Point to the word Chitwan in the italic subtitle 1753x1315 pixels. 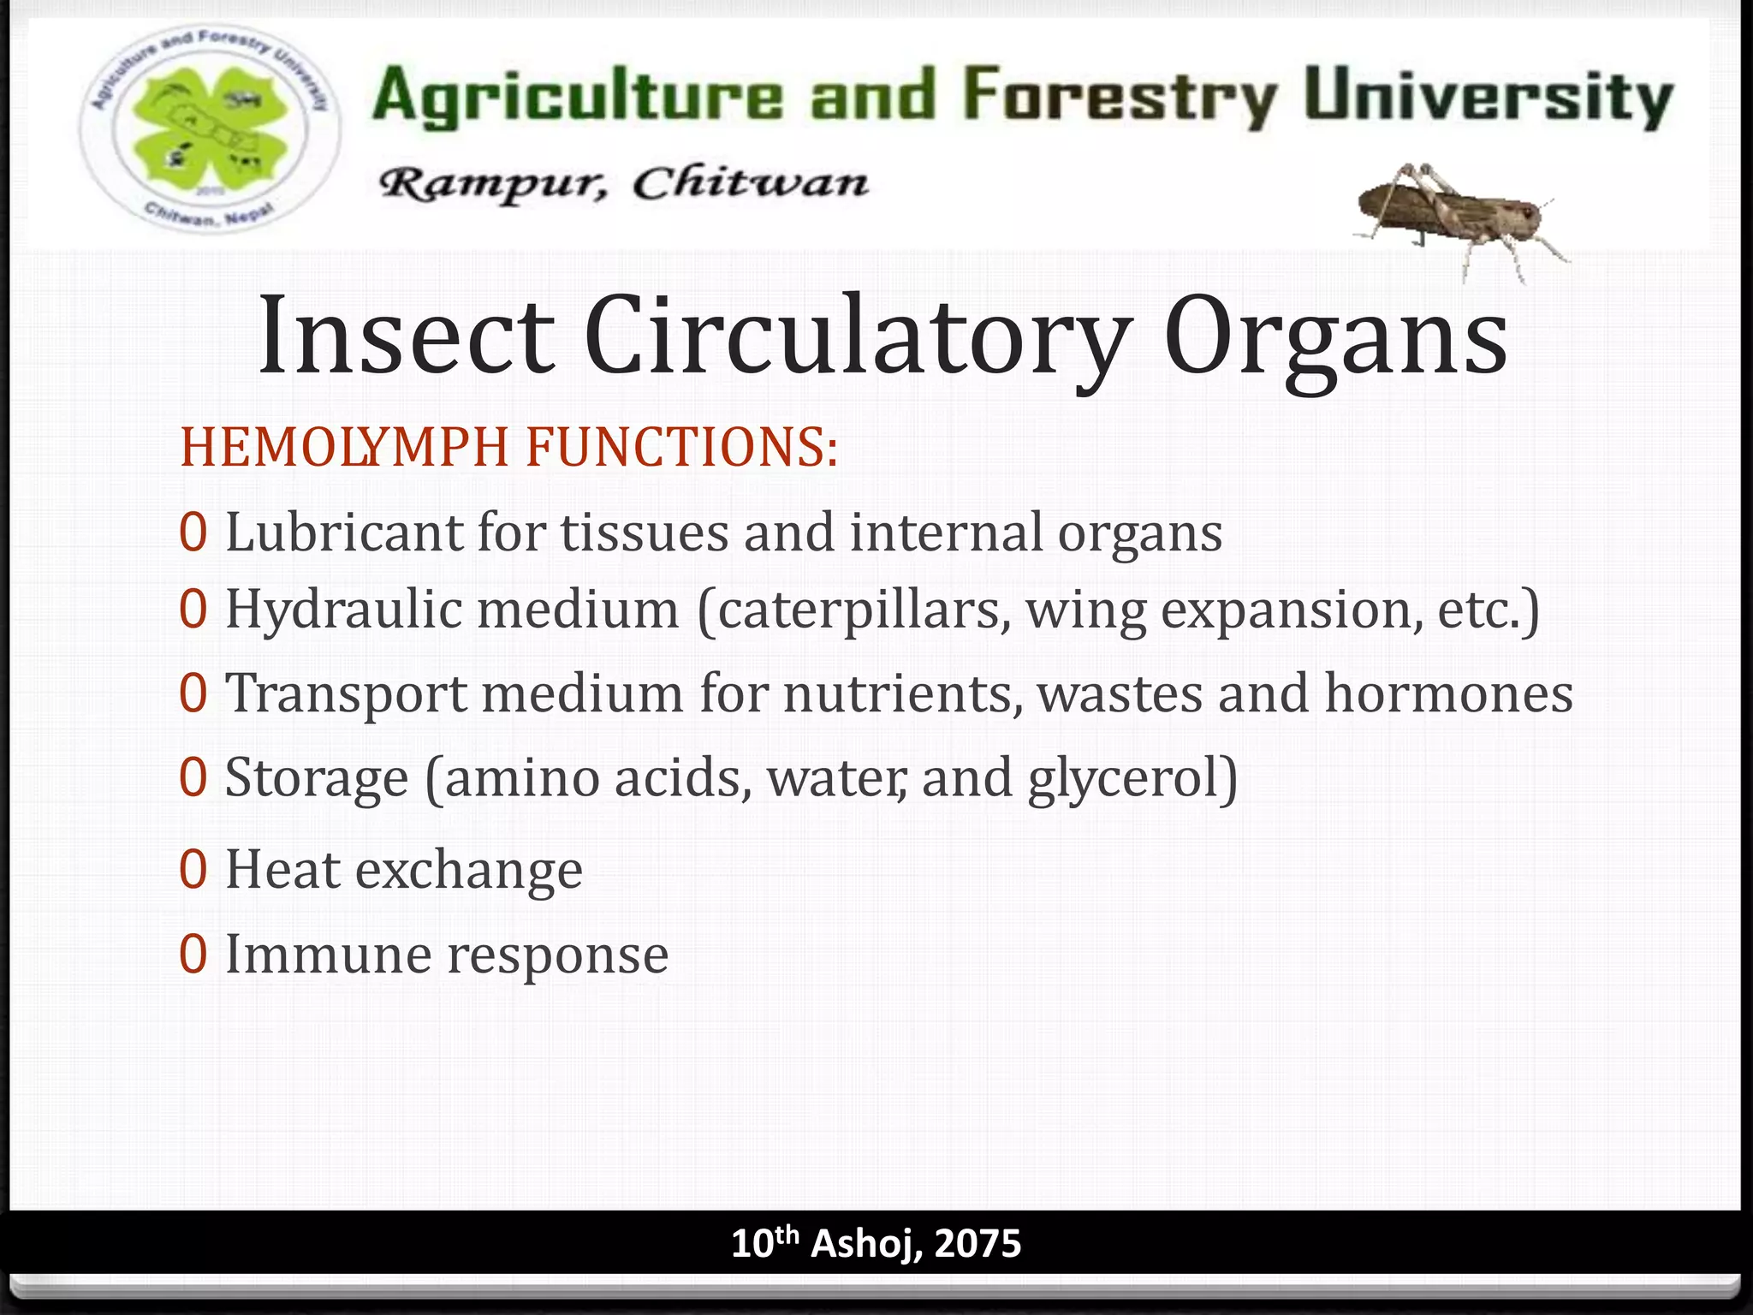coord(750,182)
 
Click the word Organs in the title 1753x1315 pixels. coord(1335,337)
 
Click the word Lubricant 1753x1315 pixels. coord(343,533)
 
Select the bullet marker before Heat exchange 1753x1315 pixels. coord(193,870)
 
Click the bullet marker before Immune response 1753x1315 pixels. coord(193,955)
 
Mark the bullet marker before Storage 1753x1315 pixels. coord(193,778)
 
